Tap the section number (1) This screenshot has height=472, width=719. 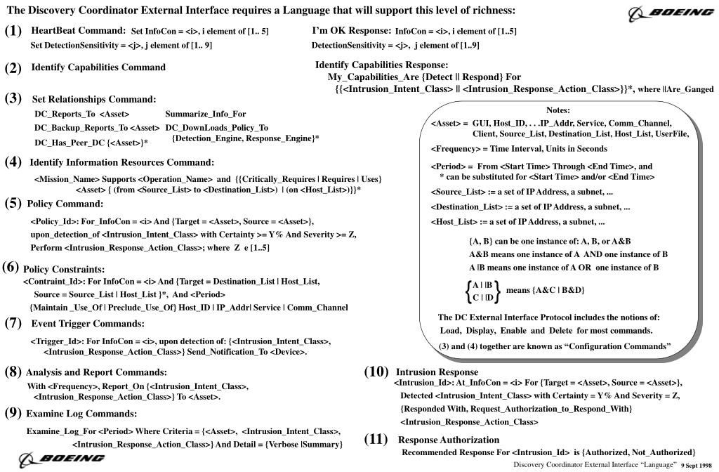pos(13,32)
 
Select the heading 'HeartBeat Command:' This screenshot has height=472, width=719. pos(79,31)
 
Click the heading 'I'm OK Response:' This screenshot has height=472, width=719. pos(352,31)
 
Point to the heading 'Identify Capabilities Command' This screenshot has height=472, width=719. pos(98,67)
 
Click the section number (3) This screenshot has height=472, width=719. pos(13,98)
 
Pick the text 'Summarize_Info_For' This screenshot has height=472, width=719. pos(206,114)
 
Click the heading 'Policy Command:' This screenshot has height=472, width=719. pos(65,204)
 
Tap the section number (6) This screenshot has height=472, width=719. pos(11,267)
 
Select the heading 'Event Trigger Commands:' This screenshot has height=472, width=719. pos(88,324)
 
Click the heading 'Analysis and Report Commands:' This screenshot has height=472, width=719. pos(96,372)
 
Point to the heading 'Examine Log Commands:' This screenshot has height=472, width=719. pos(81,414)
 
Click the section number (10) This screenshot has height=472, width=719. pos(376,371)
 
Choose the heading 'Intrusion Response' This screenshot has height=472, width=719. pos(437,372)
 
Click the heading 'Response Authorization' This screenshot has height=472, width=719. pos(449,440)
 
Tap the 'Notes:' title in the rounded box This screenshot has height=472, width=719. pos(558,110)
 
